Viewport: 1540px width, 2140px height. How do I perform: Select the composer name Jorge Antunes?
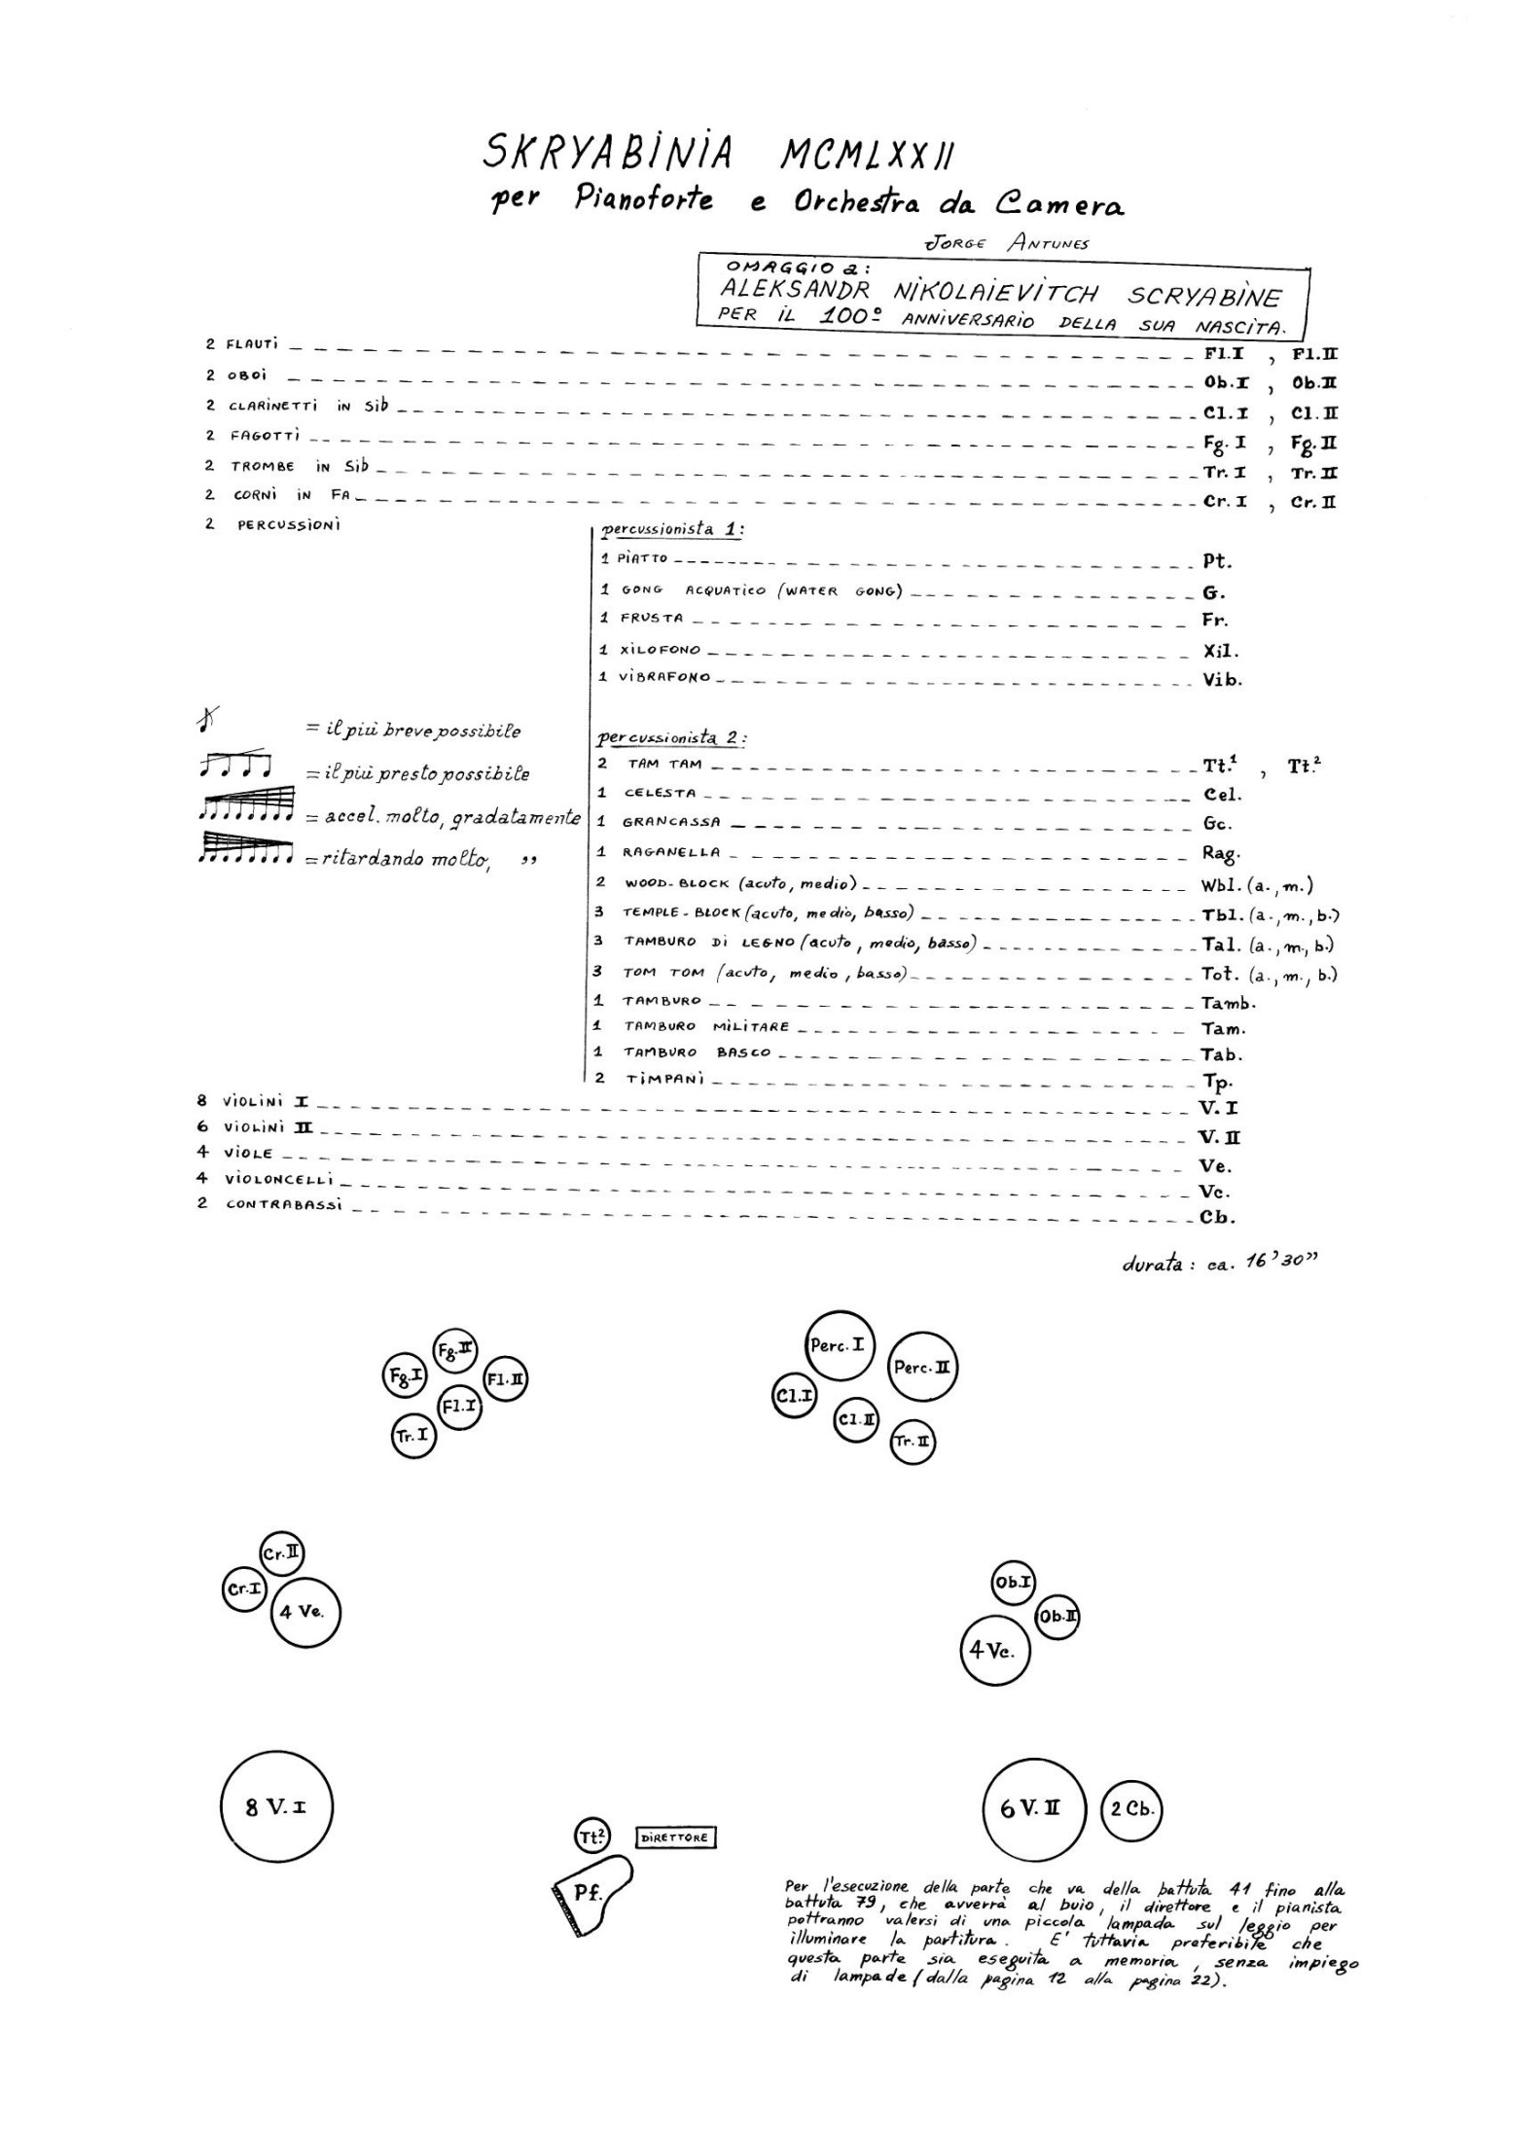(1006, 243)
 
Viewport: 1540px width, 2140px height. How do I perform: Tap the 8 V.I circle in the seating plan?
(277, 1807)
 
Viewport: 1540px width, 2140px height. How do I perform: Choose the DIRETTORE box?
(676, 1837)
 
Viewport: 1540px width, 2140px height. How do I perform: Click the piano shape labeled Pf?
(590, 1892)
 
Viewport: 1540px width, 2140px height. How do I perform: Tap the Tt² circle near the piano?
(592, 1837)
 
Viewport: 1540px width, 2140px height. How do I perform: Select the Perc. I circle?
(839, 1346)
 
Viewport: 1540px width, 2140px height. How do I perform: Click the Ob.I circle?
(1013, 1583)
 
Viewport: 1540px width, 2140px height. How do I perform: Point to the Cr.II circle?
(282, 1553)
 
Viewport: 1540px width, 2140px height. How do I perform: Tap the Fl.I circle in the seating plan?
(459, 1407)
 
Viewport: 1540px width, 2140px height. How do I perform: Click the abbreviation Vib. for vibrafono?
(1222, 680)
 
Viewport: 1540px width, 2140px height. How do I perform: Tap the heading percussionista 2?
(670, 736)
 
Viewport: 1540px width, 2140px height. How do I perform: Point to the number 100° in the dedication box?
(853, 316)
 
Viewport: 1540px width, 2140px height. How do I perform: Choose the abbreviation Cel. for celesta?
(1222, 794)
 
